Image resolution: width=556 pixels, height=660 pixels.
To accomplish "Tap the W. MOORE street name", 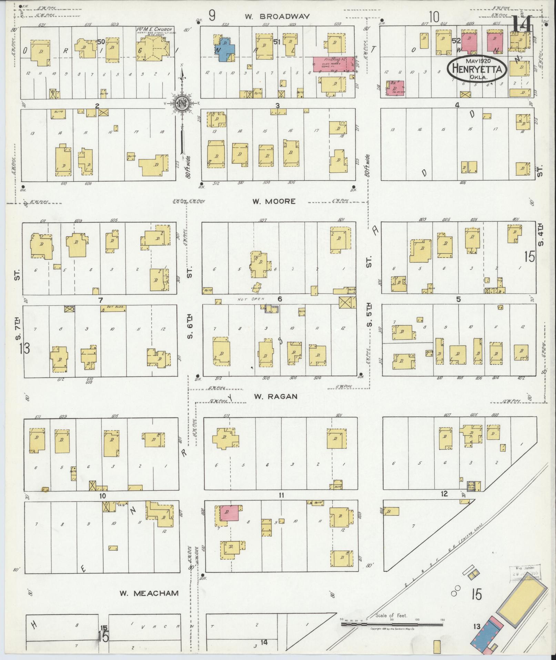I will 274,201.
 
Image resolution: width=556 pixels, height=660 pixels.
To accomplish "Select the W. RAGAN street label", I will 275,396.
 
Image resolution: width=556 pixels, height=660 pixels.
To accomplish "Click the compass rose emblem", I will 182,103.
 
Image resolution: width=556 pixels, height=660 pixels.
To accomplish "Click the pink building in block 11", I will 231,513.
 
